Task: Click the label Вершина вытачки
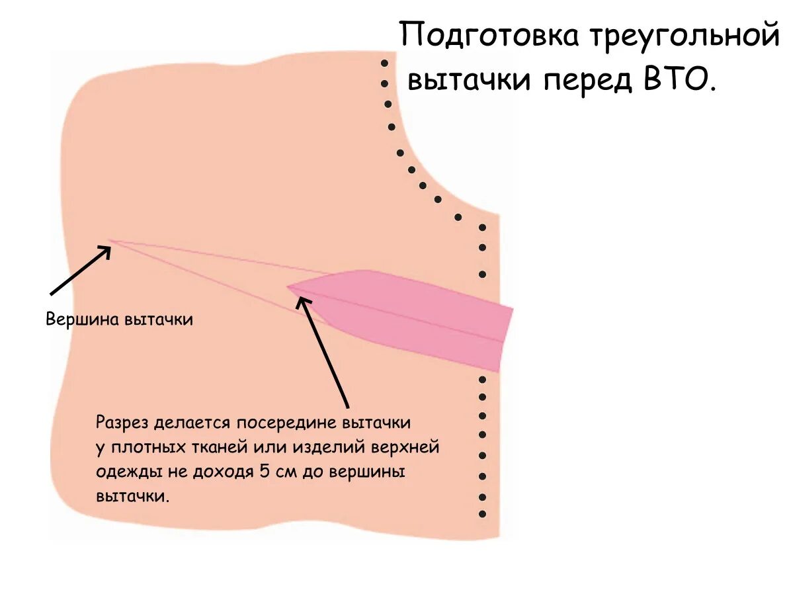point(119,319)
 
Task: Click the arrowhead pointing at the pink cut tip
point(302,300)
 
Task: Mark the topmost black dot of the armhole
point(384,63)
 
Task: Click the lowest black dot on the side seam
point(482,514)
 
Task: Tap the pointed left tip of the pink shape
point(289,287)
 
